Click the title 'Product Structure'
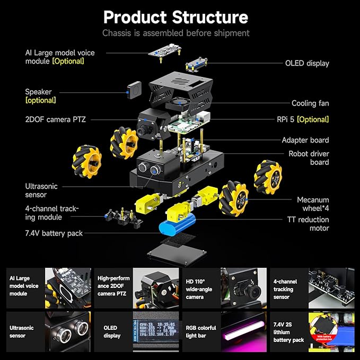tap(175, 17)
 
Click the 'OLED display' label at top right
tap(307, 63)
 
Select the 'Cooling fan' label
tap(310, 103)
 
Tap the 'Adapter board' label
tap(305, 140)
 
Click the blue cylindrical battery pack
tap(180, 228)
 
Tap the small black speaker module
tap(135, 90)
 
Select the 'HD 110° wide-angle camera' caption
tap(199, 289)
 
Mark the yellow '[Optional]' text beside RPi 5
tap(313, 119)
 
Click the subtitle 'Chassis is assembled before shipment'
tap(175, 33)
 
